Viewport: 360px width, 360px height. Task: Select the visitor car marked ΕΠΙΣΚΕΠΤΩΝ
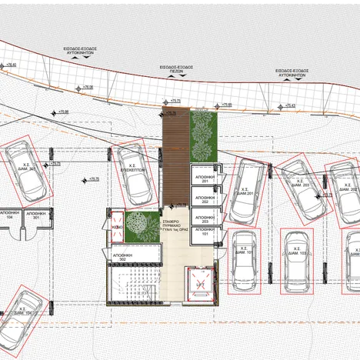135,169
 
